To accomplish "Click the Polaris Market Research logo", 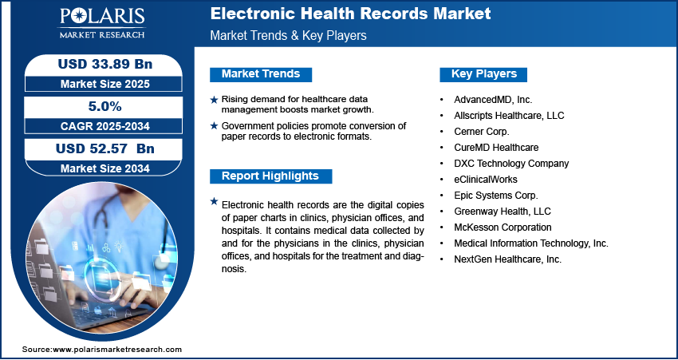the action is tap(102, 23).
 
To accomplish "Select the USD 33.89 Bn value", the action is tap(105, 64).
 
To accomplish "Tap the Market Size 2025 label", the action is tap(105, 84).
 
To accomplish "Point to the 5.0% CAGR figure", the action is tap(104, 106).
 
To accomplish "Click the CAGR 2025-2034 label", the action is tap(105, 126).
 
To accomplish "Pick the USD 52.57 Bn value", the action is tap(105, 148).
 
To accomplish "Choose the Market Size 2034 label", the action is tap(105, 168).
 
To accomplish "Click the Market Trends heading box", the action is tap(261, 74).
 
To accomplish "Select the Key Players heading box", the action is tap(483, 74).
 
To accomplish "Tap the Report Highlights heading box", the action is tap(270, 176).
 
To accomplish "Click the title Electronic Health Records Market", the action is tap(350, 14).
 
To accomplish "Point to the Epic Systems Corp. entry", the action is tap(496, 196).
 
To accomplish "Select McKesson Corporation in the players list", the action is tap(503, 227).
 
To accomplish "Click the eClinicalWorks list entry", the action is tap(486, 179).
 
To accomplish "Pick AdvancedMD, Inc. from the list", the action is tap(493, 100).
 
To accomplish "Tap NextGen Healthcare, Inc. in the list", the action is tap(507, 259).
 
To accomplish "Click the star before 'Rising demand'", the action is tap(214, 100).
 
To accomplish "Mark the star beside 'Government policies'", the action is tap(214, 126).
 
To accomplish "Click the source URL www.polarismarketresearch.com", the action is tap(117, 349).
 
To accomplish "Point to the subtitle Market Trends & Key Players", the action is tap(289, 35).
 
